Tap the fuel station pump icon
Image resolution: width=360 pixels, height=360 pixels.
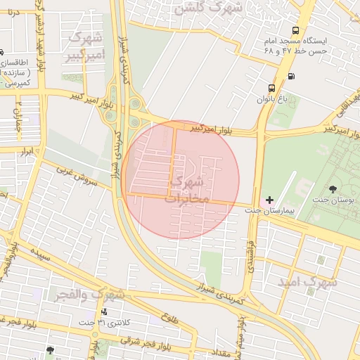point(291,77)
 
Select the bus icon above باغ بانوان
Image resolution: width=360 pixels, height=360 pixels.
point(271,89)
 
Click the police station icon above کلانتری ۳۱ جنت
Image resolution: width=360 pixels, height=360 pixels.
point(105,311)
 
